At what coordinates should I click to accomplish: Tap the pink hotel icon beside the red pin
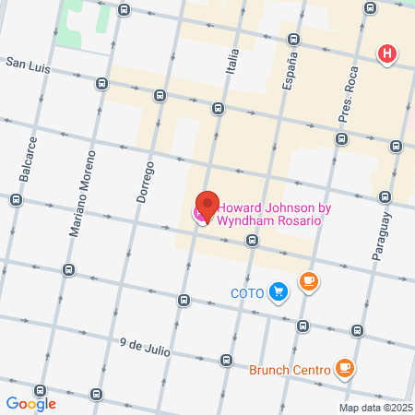tap(197, 214)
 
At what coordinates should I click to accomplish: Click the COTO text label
tap(247, 294)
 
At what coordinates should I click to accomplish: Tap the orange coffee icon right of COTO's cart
tap(308, 283)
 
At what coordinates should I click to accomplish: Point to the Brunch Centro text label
tap(290, 371)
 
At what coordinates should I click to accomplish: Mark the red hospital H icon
tap(387, 55)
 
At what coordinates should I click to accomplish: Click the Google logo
tap(30, 403)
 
